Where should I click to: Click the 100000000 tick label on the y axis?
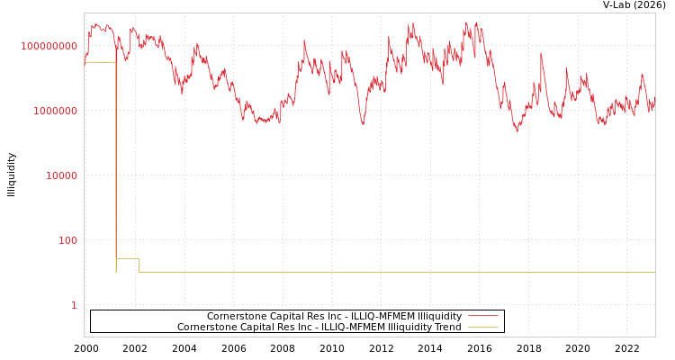tap(49, 46)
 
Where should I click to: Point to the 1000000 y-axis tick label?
tap(56, 111)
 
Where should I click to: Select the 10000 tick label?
tap(62, 175)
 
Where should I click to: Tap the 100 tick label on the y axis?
tap(68, 240)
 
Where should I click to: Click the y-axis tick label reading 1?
tap(74, 305)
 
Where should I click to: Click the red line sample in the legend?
tap(483, 316)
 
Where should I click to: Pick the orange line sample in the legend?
tap(483, 327)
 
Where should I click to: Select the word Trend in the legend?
tap(446, 327)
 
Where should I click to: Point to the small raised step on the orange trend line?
tap(128, 259)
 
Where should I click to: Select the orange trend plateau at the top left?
tap(99, 62)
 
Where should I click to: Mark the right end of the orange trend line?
tap(654, 272)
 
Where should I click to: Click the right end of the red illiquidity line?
tap(654, 105)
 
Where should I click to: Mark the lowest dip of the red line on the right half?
tap(517, 131)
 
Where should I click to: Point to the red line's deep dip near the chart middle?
tap(363, 124)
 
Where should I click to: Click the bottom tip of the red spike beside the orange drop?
tap(117, 132)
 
